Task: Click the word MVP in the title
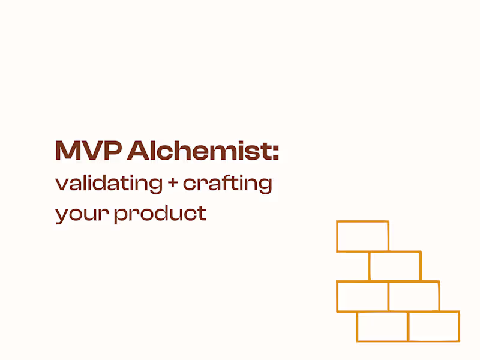pyautogui.click(x=88, y=151)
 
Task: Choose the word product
pyautogui.click(x=160, y=213)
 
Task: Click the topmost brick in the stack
pyautogui.click(x=362, y=236)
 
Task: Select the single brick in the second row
pyautogui.click(x=395, y=266)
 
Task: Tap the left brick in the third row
pyautogui.click(x=362, y=296)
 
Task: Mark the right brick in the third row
pyautogui.click(x=414, y=296)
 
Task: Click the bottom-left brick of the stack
pyautogui.click(x=382, y=326)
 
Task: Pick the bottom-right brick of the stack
pyautogui.click(x=434, y=326)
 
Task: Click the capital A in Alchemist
pyautogui.click(x=137, y=151)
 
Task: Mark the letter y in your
pyautogui.click(x=61, y=215)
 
